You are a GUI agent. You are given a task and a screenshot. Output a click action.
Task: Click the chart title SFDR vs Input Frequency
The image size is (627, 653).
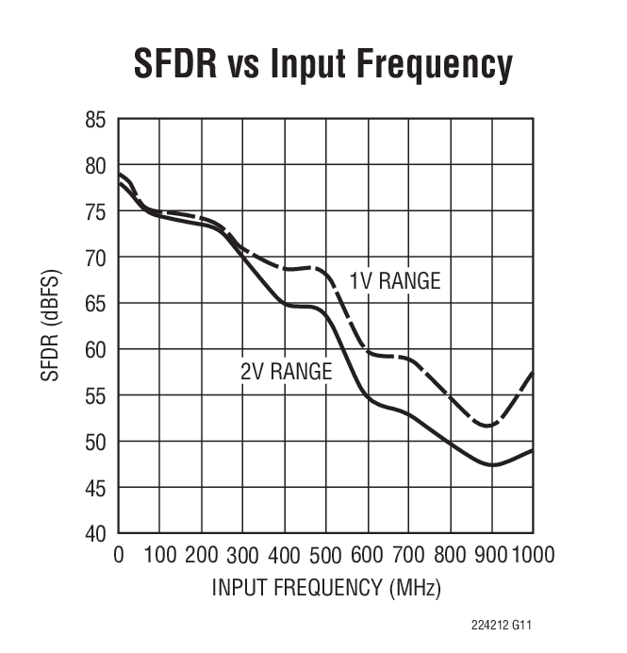[322, 64]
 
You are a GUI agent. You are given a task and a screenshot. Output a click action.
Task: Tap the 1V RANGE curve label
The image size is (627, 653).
[394, 281]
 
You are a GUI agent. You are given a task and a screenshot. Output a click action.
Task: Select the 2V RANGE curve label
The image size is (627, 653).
[286, 372]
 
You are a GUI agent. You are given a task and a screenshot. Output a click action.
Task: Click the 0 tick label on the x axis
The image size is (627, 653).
[119, 554]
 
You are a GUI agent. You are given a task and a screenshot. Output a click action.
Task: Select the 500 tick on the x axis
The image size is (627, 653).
[326, 554]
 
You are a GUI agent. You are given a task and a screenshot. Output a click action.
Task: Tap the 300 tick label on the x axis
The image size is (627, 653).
[243, 554]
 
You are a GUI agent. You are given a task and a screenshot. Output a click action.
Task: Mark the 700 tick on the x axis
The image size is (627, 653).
[409, 554]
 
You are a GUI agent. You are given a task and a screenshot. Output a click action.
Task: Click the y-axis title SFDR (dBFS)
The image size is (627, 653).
[49, 326]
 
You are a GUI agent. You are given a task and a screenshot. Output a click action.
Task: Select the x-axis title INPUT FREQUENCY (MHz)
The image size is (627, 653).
[326, 588]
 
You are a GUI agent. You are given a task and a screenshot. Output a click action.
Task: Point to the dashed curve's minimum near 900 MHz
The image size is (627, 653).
[487, 426]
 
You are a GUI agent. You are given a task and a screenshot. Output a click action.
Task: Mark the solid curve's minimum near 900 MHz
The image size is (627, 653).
[492, 465]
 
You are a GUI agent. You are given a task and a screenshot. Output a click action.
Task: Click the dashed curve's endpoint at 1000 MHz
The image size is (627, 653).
[533, 373]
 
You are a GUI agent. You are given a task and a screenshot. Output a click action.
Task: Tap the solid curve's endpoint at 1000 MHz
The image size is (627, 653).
[533, 450]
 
